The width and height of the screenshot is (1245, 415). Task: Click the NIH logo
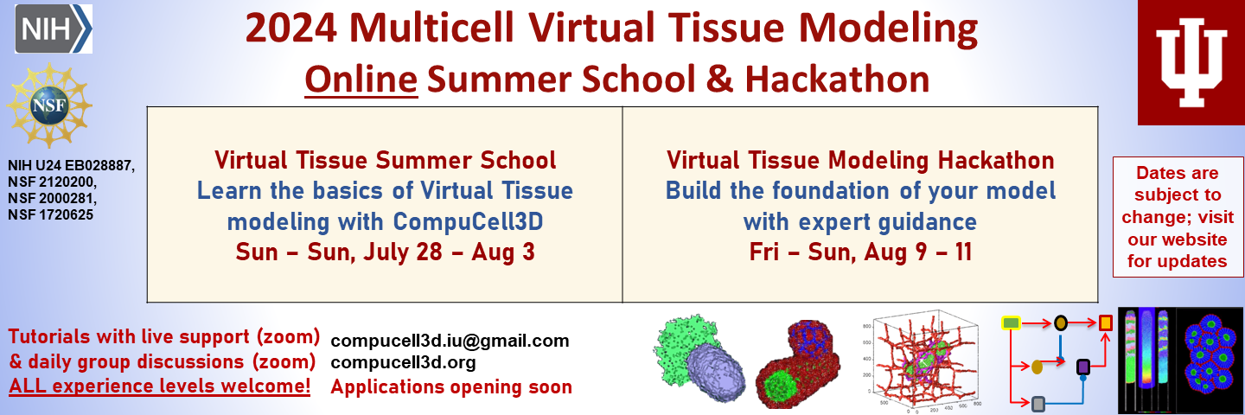click(54, 29)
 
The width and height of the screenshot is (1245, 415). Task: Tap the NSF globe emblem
click(49, 105)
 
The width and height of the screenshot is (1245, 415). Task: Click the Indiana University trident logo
click(1191, 62)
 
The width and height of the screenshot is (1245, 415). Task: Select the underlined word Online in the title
click(361, 80)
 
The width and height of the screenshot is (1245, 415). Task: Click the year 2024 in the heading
click(290, 28)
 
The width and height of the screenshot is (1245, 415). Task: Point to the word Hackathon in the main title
click(837, 80)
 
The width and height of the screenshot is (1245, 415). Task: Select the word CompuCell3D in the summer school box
click(468, 221)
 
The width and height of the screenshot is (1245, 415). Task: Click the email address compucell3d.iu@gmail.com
click(450, 341)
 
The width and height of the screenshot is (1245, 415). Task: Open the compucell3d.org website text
click(403, 362)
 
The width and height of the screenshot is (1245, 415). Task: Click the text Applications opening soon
click(451, 386)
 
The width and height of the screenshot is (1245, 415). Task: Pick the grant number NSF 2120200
click(52, 182)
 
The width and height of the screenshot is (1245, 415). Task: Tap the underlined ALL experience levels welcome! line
click(159, 386)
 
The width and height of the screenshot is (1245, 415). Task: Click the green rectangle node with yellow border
click(1011, 322)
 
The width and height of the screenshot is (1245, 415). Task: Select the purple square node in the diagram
click(1082, 367)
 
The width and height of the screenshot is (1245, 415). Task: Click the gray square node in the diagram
click(1037, 404)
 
